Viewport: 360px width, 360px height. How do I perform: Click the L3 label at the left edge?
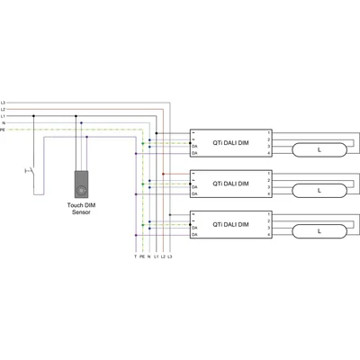(x=4, y=102)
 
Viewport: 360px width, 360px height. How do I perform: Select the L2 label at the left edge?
(x=4, y=109)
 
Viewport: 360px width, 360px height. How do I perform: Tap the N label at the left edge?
(x=4, y=122)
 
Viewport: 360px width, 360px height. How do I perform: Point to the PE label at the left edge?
(x=4, y=130)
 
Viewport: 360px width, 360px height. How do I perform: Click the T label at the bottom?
(x=135, y=257)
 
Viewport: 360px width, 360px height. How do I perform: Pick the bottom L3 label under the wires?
(x=169, y=257)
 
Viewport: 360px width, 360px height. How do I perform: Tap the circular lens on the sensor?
(x=81, y=191)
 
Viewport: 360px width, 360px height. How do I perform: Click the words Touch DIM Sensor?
(x=81, y=211)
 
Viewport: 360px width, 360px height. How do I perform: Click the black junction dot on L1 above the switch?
(x=34, y=115)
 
